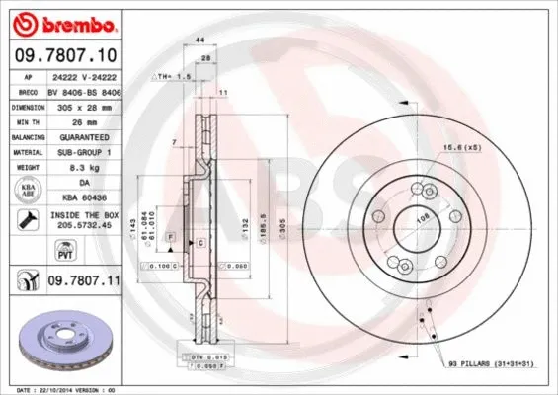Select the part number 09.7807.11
pos(85,281)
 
